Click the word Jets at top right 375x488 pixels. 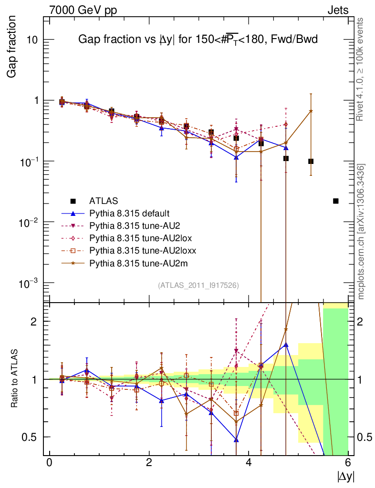(338, 10)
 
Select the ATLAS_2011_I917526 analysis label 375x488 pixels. (198, 285)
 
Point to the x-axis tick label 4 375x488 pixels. (249, 463)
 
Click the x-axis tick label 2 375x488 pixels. (149, 463)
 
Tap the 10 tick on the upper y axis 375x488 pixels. (33, 40)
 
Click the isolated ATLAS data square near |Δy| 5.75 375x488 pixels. (335, 201)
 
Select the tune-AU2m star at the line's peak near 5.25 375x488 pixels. (311, 111)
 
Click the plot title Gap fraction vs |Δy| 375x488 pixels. (198, 41)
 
